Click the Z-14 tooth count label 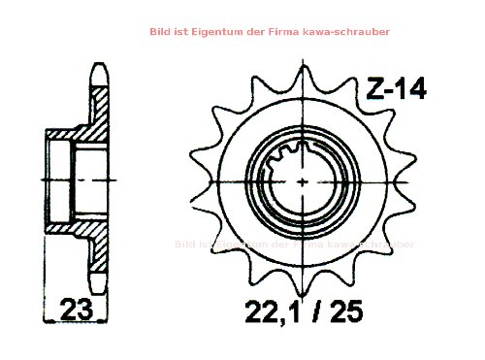[x=395, y=89]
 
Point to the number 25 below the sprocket [x=352, y=311]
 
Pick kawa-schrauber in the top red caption [x=350, y=32]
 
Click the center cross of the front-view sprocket [x=306, y=180]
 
